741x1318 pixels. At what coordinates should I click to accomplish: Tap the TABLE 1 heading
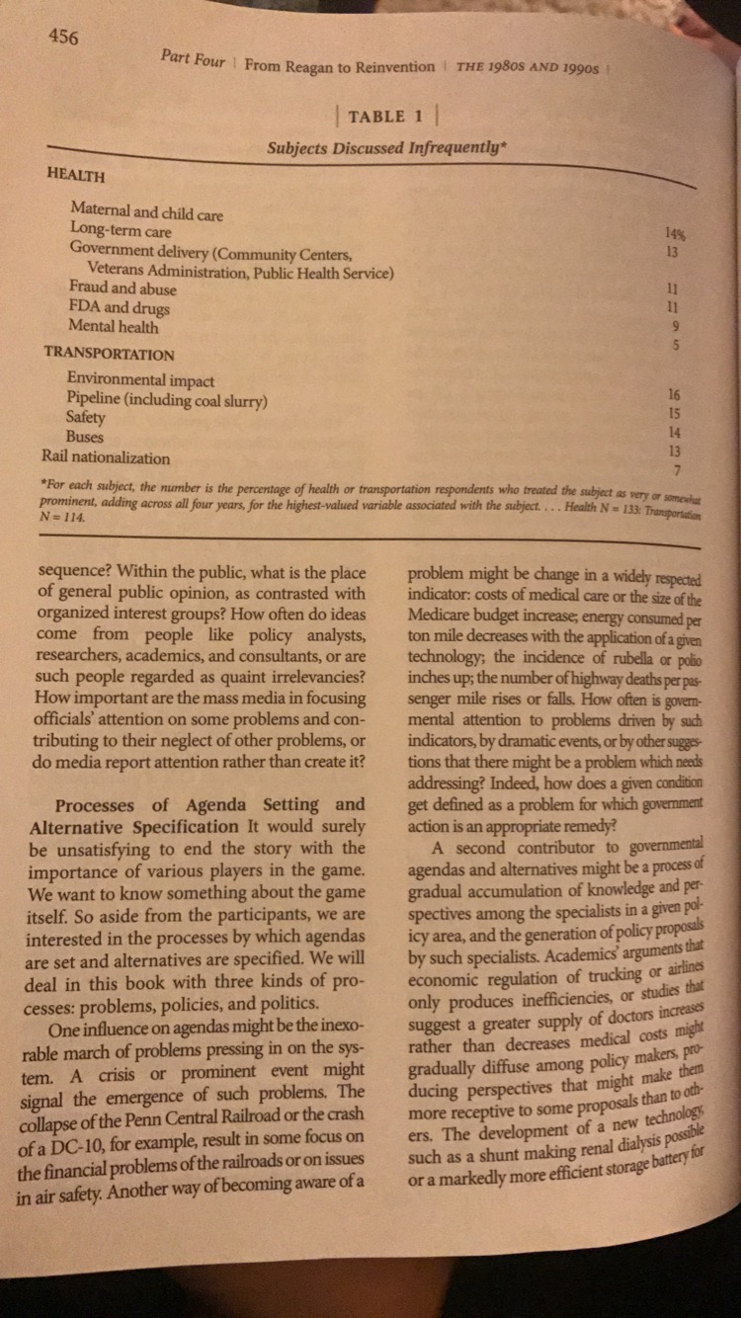click(x=386, y=117)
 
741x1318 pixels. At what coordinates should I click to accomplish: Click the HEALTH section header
click(x=76, y=175)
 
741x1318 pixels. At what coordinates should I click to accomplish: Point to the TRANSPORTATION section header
click(x=109, y=354)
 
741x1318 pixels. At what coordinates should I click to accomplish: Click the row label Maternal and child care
click(x=146, y=212)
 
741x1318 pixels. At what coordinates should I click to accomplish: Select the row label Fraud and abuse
click(x=123, y=288)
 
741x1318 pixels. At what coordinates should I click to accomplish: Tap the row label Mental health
click(x=113, y=327)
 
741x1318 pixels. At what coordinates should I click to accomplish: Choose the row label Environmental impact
click(x=140, y=380)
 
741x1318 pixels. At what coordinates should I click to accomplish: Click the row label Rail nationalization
click(x=106, y=457)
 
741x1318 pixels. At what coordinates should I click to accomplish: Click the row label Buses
click(x=84, y=437)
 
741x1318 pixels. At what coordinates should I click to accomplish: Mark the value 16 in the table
click(x=676, y=394)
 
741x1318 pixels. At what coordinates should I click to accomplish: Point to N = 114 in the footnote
click(x=59, y=517)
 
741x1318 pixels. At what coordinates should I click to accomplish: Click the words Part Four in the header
click(x=193, y=59)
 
